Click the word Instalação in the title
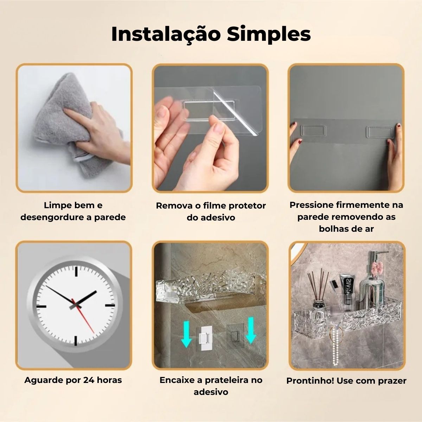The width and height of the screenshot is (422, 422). coord(166,34)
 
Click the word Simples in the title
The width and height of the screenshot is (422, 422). coord(269,34)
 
